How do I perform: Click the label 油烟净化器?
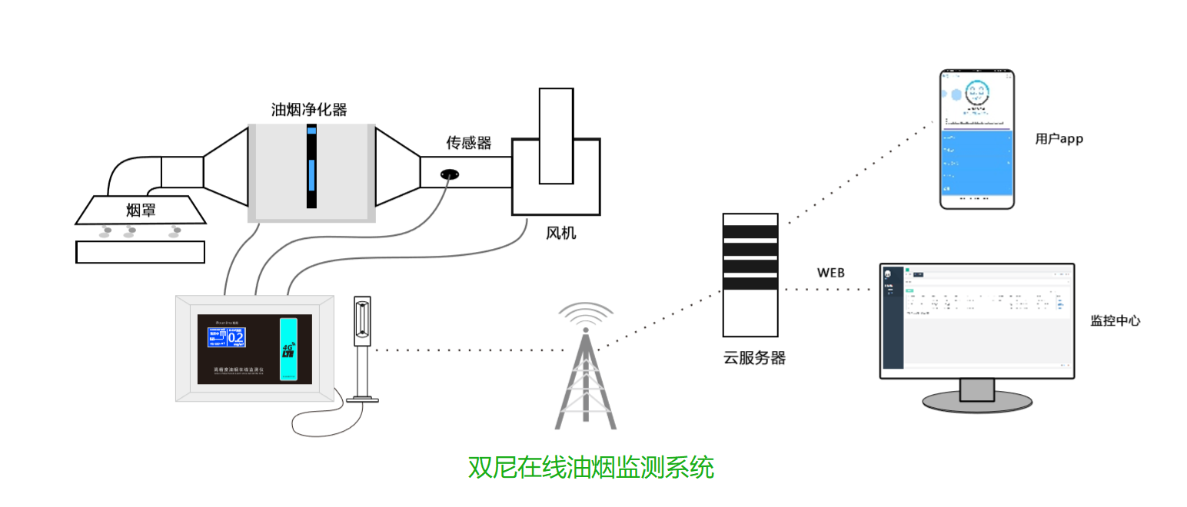click(309, 110)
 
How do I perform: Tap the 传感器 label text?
click(468, 143)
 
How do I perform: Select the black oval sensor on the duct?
click(451, 174)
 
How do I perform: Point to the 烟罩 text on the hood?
click(141, 210)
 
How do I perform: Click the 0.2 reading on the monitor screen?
click(235, 337)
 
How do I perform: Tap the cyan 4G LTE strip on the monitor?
click(288, 349)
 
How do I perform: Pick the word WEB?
click(830, 273)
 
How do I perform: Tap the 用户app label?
click(1059, 139)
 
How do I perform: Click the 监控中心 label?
click(1115, 321)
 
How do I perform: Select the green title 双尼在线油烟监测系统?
click(590, 467)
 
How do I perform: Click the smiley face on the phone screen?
click(976, 93)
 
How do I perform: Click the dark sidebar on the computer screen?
click(893, 318)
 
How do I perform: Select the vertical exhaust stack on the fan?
click(556, 136)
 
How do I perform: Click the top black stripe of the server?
click(750, 231)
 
